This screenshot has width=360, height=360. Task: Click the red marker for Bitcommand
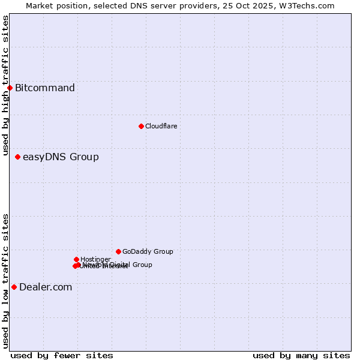(10, 88)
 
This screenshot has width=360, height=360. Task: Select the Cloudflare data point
(141, 126)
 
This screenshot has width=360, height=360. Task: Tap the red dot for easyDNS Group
(17, 157)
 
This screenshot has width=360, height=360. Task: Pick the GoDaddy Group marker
(118, 251)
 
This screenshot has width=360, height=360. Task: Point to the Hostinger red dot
(76, 259)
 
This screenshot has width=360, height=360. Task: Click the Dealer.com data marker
(14, 287)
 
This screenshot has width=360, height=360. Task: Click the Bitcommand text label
(45, 88)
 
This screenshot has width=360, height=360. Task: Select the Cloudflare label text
(161, 126)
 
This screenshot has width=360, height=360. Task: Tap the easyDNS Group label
(61, 157)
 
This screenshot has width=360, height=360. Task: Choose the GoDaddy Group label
(148, 251)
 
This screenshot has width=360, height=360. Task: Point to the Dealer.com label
(46, 287)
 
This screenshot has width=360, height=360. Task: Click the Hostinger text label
(95, 259)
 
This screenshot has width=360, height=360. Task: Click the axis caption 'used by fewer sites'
(62, 356)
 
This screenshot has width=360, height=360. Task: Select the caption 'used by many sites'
(301, 356)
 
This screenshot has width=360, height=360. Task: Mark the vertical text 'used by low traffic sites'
(5, 281)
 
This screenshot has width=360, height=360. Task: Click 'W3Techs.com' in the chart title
(310, 5)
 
